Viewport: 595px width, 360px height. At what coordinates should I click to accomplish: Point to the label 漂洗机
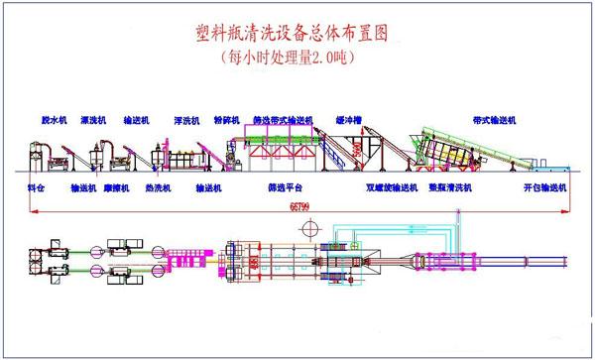[95, 119]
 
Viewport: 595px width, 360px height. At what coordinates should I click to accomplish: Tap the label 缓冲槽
[356, 119]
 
